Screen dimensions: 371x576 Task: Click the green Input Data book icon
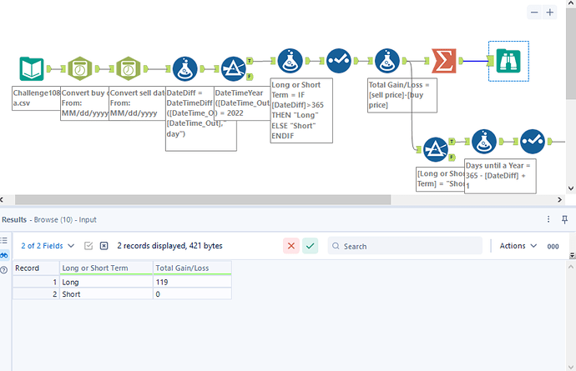[33, 69]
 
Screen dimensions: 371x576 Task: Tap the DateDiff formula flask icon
[183, 69]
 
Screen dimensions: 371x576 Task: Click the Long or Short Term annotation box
[301, 110]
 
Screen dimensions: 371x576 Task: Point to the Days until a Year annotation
[498, 176]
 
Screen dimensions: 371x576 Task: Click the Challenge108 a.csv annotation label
[36, 98]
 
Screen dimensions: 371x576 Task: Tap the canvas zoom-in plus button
[550, 13]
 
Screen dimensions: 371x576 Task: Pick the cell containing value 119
[192, 283]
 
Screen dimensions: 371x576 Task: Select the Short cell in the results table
[105, 294]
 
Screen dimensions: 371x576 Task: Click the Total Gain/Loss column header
[192, 268]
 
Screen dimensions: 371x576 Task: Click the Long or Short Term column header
[105, 268]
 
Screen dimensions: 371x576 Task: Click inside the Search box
[409, 246]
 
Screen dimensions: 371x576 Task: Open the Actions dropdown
[517, 246]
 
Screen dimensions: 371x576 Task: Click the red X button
[291, 246]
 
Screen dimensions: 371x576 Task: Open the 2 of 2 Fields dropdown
[48, 246]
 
